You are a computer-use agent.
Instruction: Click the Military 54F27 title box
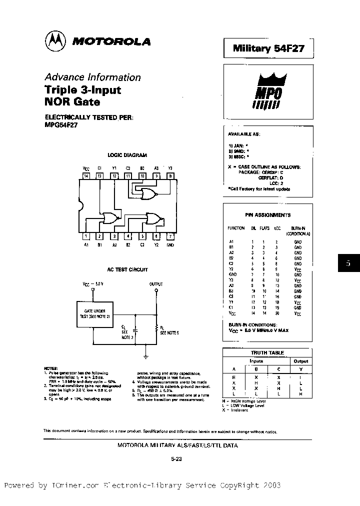pyautogui.click(x=267, y=49)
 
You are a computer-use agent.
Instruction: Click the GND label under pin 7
pyautogui.click(x=170, y=245)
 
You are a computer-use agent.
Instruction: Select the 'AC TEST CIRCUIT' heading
pyautogui.click(x=127, y=269)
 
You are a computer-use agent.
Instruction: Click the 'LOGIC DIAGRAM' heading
pyautogui.click(x=127, y=155)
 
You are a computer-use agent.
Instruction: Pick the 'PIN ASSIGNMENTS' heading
pyautogui.click(x=267, y=215)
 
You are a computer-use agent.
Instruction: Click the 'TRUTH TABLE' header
pyautogui.click(x=267, y=352)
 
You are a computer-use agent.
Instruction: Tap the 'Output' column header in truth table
pyautogui.click(x=301, y=361)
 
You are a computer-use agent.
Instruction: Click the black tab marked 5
pyautogui.click(x=348, y=263)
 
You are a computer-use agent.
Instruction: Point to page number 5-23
pyautogui.click(x=177, y=459)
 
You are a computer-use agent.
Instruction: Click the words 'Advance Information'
pyautogui.click(x=92, y=77)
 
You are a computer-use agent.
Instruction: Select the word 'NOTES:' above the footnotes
pyautogui.click(x=51, y=368)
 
